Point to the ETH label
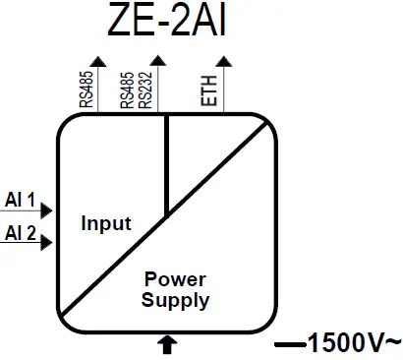tap(207, 90)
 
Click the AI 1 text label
tap(20, 201)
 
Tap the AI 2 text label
tap(20, 233)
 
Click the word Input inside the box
tap(105, 223)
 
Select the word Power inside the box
tap(175, 279)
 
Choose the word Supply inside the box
tap(175, 300)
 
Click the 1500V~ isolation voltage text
tap(355, 343)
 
